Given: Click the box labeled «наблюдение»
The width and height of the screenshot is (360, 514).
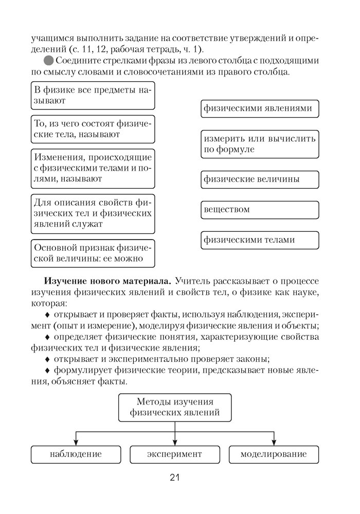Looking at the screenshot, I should tap(76, 454).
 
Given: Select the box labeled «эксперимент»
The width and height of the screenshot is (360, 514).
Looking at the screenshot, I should tap(174, 454).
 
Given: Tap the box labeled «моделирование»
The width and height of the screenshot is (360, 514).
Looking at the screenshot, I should tap(274, 454).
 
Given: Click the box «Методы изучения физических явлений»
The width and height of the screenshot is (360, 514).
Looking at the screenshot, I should tap(175, 407).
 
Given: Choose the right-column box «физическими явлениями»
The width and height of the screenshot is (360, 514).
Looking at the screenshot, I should tap(260, 109).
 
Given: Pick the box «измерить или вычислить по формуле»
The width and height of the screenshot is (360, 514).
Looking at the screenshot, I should tap(260, 144).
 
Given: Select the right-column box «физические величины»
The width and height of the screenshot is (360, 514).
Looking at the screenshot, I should tap(260, 179).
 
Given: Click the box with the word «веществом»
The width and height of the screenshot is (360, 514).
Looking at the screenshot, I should tap(260, 210).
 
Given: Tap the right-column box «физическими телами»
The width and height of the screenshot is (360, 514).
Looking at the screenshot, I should tap(260, 240).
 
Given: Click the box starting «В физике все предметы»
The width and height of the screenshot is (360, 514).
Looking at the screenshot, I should tap(93, 96).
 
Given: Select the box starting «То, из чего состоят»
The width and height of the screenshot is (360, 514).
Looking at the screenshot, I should tap(93, 129).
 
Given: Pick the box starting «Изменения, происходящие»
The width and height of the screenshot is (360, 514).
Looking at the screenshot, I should tap(93, 168).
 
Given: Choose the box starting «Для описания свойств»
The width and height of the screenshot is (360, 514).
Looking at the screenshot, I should tap(93, 213).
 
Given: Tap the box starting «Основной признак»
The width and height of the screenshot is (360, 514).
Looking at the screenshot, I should tap(93, 253).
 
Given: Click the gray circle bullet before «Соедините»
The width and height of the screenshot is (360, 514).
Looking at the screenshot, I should tap(49, 61).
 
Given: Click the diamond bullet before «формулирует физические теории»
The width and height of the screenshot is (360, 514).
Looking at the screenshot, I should tap(48, 371).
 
